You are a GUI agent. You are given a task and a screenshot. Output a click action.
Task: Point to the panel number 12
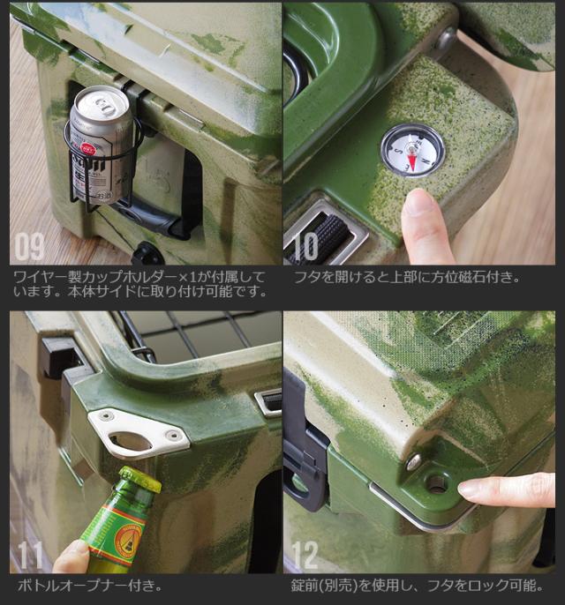coord(305,555)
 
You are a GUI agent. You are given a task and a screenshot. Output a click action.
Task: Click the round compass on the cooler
coord(413,150)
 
